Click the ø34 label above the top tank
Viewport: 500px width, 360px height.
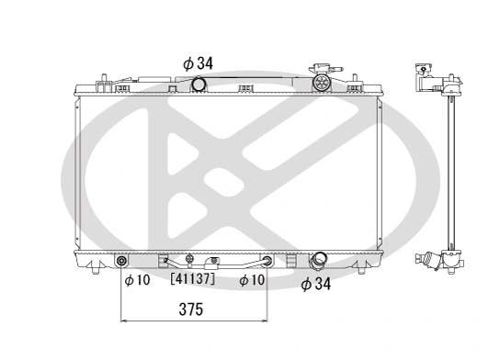pos(198,62)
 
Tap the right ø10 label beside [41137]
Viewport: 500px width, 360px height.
pos(252,279)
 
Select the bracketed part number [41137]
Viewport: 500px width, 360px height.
pos(192,279)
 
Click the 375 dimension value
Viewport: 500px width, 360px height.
pos(192,309)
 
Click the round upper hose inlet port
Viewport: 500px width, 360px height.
pos(199,85)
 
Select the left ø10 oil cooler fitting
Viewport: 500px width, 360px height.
pos(124,264)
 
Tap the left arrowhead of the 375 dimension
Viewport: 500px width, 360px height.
pos(128,321)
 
